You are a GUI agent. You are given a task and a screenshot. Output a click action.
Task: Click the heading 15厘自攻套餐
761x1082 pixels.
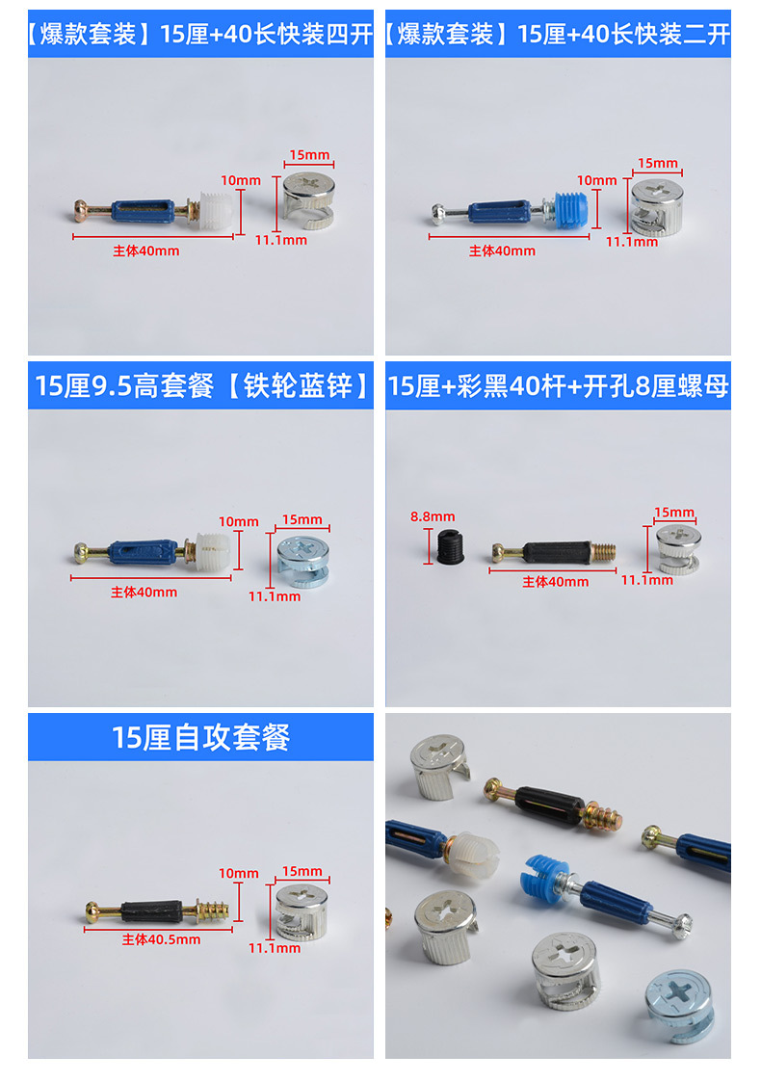(x=200, y=738)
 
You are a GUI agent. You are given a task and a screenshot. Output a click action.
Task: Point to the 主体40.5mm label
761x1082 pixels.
(x=161, y=939)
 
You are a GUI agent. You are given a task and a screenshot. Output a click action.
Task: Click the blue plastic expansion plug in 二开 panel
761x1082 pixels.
(x=571, y=207)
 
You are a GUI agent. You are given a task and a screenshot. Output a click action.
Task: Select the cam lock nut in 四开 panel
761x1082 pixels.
(x=310, y=197)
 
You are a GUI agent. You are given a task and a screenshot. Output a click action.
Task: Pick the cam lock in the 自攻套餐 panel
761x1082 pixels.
(x=302, y=909)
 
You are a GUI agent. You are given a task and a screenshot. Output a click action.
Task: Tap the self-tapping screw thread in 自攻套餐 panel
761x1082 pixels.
(x=209, y=909)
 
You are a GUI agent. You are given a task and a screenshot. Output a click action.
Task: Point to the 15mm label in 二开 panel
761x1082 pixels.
(x=658, y=164)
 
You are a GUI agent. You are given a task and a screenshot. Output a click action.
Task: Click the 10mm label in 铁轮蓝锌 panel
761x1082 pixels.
(x=238, y=522)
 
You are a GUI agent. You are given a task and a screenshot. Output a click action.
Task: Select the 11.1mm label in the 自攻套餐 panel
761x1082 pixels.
(x=275, y=948)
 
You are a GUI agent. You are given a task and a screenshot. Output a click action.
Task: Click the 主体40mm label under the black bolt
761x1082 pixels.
(x=555, y=582)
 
